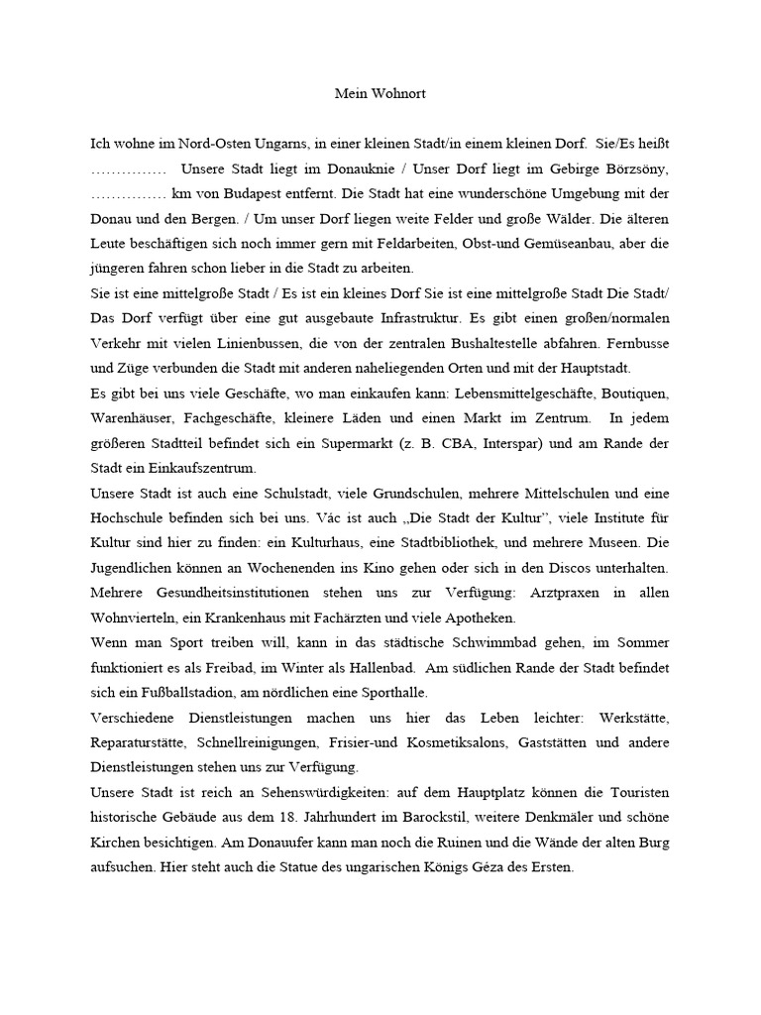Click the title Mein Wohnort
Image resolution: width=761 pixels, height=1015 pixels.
(380, 94)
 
